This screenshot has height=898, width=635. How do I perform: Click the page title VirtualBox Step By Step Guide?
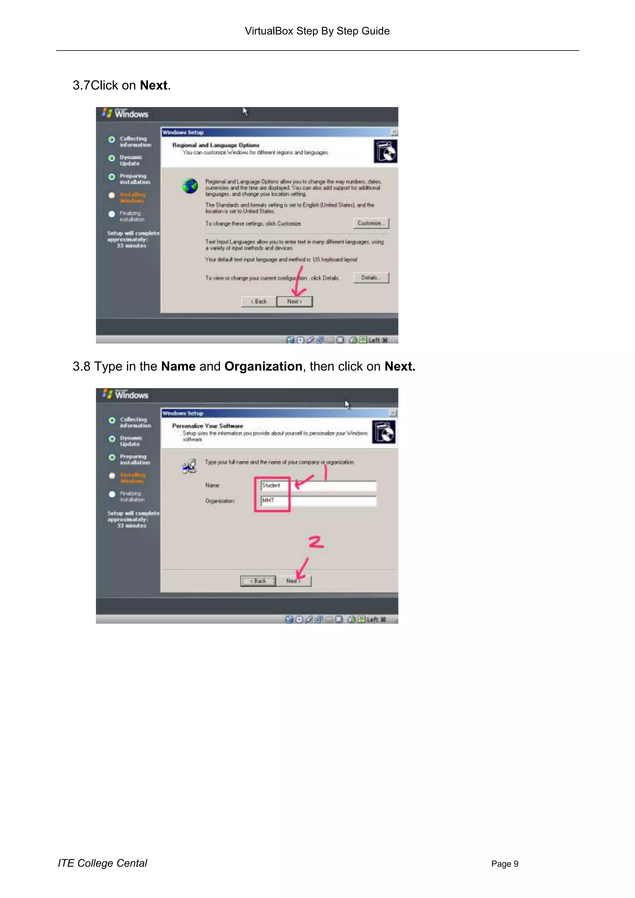tap(317, 31)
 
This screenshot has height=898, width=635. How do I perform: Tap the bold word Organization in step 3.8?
tap(263, 366)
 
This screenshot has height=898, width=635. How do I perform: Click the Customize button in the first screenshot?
tap(371, 223)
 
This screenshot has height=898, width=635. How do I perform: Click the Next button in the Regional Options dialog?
tap(295, 302)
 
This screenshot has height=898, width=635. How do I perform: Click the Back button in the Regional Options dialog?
tap(259, 302)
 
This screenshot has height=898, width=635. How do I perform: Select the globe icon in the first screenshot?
tap(190, 186)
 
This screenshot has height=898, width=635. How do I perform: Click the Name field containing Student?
tap(319, 486)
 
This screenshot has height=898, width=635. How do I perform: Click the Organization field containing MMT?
tap(319, 501)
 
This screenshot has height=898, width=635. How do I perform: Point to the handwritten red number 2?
tap(316, 542)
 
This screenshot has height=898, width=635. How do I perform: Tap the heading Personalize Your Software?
tap(208, 426)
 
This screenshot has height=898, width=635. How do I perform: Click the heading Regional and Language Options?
tap(216, 145)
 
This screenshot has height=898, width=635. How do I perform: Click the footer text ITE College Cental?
tap(102, 863)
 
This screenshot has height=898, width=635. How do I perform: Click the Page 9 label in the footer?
tap(505, 864)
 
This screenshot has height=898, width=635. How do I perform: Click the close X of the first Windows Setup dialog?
tap(394, 132)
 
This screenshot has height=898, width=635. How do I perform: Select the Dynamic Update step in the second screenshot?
tap(131, 441)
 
